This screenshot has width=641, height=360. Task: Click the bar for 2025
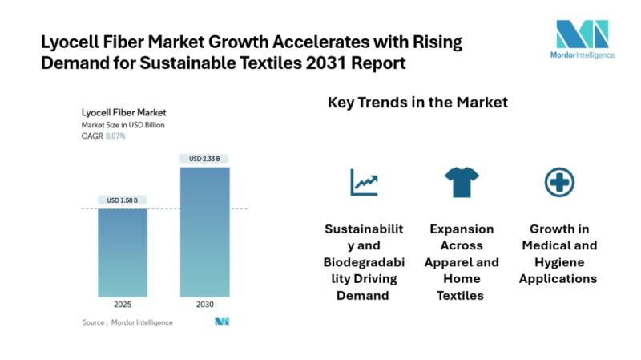123,253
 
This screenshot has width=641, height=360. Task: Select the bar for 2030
205,232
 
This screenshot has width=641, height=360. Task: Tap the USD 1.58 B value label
123,200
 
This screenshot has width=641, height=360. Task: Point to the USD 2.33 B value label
205,159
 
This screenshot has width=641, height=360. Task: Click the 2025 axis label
123,305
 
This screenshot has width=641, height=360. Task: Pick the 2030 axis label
205,305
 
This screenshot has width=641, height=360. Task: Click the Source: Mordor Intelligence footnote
127,322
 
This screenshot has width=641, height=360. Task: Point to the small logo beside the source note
222,322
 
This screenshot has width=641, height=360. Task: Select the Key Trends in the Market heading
417,103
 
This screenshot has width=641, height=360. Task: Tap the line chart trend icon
363,183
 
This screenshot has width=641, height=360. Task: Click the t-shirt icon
462,183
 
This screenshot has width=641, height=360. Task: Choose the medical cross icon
558,183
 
